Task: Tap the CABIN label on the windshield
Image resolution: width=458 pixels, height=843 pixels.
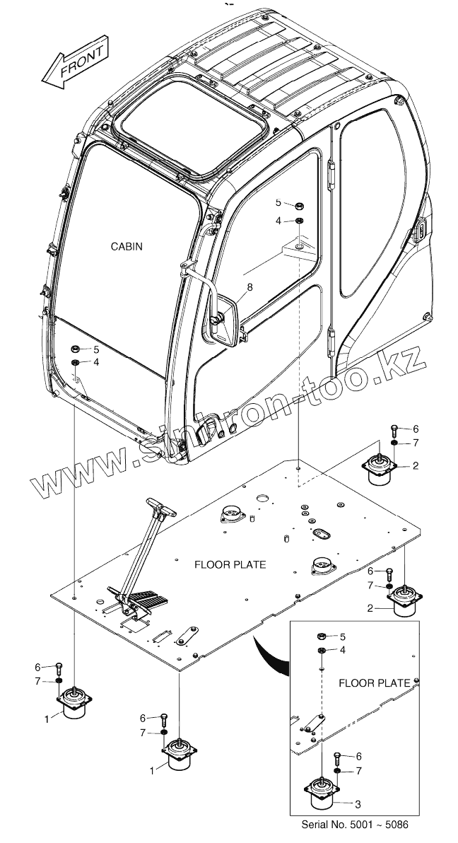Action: (x=127, y=247)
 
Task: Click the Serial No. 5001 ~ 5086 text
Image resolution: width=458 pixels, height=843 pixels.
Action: (x=355, y=825)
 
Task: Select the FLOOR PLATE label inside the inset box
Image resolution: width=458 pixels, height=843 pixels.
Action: (x=374, y=682)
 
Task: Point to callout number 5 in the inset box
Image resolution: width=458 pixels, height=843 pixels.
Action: (x=343, y=636)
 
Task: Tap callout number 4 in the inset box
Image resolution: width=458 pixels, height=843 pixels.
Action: (x=343, y=649)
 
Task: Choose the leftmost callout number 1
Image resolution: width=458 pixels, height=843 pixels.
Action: (x=47, y=719)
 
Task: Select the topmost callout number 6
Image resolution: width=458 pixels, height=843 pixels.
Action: (x=416, y=429)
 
